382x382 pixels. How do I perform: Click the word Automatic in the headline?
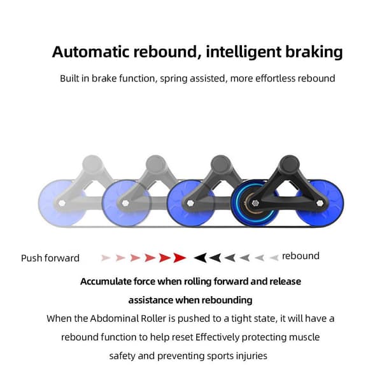coord(90,52)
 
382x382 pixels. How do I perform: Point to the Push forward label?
coord(50,258)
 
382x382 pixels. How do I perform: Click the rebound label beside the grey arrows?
coord(301,256)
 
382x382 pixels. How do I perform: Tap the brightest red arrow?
coord(180,257)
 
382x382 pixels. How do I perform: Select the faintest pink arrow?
coord(106,258)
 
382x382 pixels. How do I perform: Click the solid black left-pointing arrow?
coord(201,257)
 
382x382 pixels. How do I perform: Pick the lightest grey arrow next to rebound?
coord(274,257)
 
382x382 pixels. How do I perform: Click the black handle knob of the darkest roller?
coord(290,164)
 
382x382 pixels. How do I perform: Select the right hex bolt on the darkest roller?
coord(320,203)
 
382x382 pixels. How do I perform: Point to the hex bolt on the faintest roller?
coord(62,203)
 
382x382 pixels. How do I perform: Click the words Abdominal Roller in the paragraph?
coord(128,318)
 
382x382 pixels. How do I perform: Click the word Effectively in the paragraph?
coord(217,337)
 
